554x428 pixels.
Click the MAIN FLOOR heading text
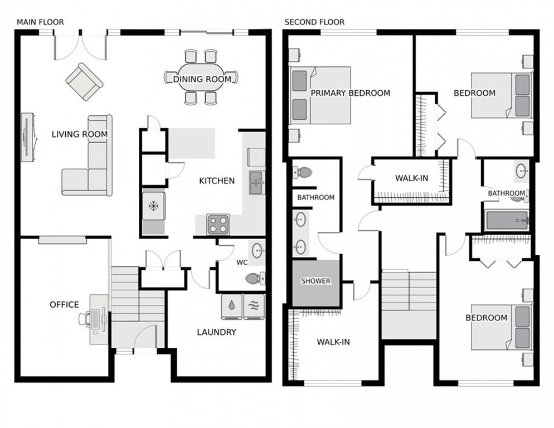pyautogui.click(x=40, y=22)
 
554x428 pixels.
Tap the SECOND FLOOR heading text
pyautogui.click(x=314, y=22)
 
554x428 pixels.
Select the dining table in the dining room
pyautogui.click(x=201, y=78)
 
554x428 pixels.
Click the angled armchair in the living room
pyautogui.click(x=84, y=81)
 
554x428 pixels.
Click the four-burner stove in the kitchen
pyautogui.click(x=218, y=224)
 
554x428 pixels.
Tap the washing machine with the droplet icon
pyautogui.click(x=231, y=307)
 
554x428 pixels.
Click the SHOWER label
pyautogui.click(x=316, y=281)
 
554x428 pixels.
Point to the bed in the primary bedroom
pyautogui.click(x=320, y=95)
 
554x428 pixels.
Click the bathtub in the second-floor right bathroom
pyautogui.click(x=506, y=220)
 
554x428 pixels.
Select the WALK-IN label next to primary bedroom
pyautogui.click(x=412, y=178)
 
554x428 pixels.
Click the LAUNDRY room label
pyautogui.click(x=216, y=332)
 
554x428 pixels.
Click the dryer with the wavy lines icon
pyautogui.click(x=254, y=307)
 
